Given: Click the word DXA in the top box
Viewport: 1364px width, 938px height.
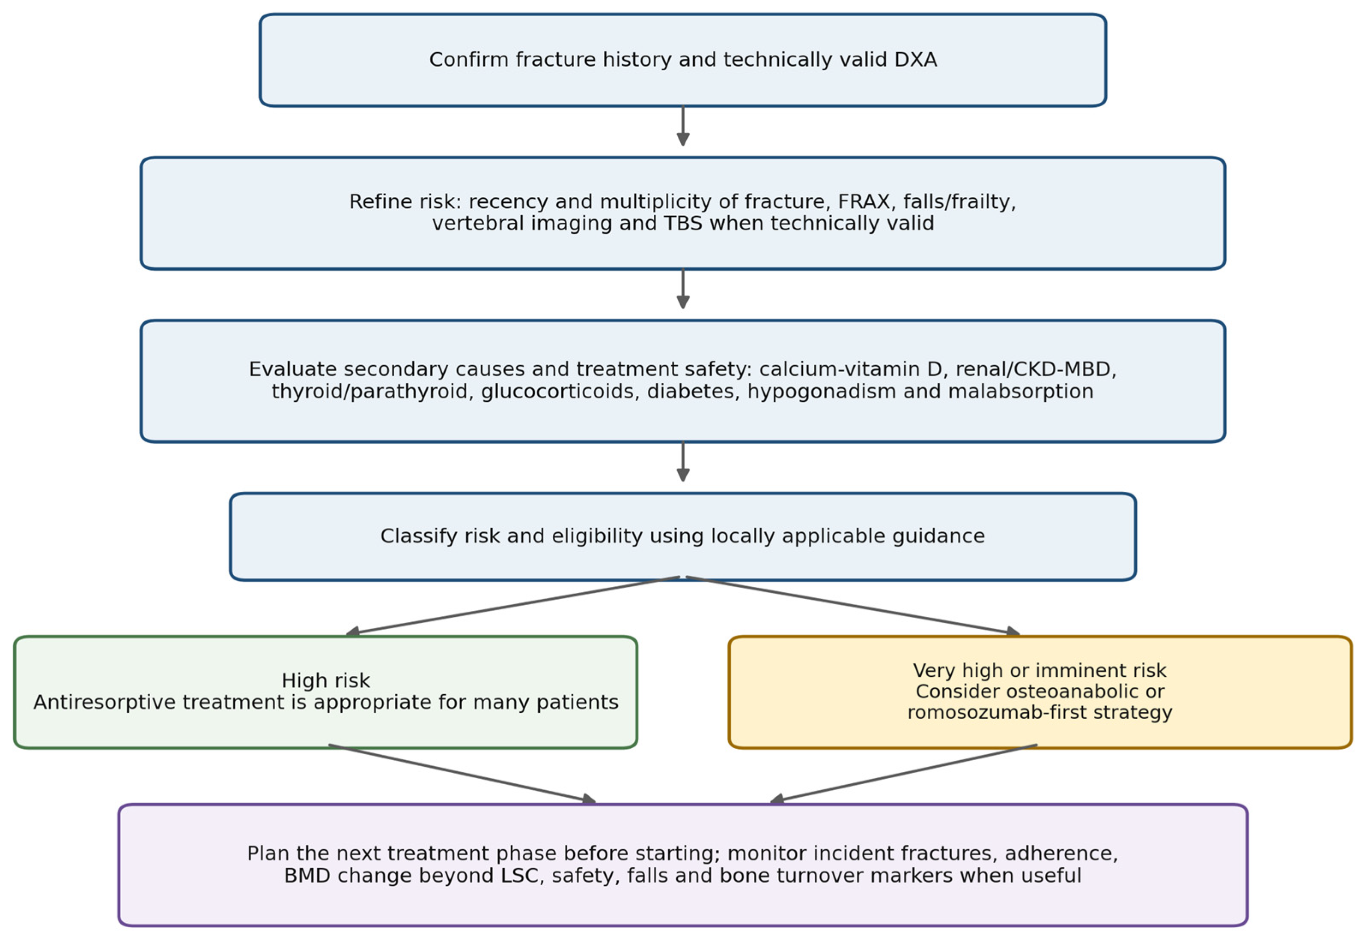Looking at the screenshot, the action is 915,60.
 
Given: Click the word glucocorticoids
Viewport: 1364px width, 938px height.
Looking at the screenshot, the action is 560,391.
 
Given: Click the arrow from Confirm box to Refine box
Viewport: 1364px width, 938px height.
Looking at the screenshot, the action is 682,126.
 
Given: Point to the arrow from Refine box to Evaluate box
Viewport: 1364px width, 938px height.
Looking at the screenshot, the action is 682,289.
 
